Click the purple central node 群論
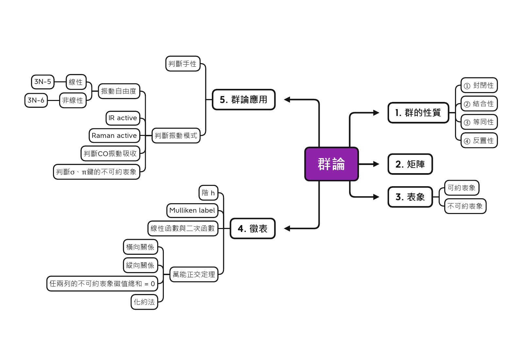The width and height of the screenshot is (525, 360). (x=331, y=164)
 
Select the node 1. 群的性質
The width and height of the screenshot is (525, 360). (x=418, y=113)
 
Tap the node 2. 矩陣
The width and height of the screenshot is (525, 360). (x=410, y=164)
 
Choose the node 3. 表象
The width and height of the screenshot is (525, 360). (x=410, y=197)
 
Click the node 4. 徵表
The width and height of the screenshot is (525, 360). (x=252, y=229)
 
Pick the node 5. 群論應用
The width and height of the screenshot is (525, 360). (x=244, y=100)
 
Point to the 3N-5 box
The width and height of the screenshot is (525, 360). (x=43, y=82)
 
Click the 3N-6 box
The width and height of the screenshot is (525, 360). (x=36, y=100)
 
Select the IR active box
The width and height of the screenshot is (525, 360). (x=123, y=118)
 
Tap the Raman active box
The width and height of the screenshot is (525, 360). (x=114, y=136)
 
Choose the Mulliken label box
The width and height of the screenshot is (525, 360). (x=192, y=210)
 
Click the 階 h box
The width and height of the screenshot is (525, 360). (x=208, y=193)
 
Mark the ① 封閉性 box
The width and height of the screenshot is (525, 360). (x=479, y=86)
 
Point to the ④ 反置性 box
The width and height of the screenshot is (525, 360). (x=479, y=141)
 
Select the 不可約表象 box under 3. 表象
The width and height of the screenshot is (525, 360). (x=465, y=206)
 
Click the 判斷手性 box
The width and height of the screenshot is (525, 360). (x=182, y=64)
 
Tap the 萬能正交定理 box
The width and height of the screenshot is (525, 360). (x=194, y=274)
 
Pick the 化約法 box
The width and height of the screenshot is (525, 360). (x=144, y=302)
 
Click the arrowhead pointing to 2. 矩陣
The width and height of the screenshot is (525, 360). (x=376, y=164)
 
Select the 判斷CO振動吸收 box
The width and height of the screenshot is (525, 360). (x=110, y=154)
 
